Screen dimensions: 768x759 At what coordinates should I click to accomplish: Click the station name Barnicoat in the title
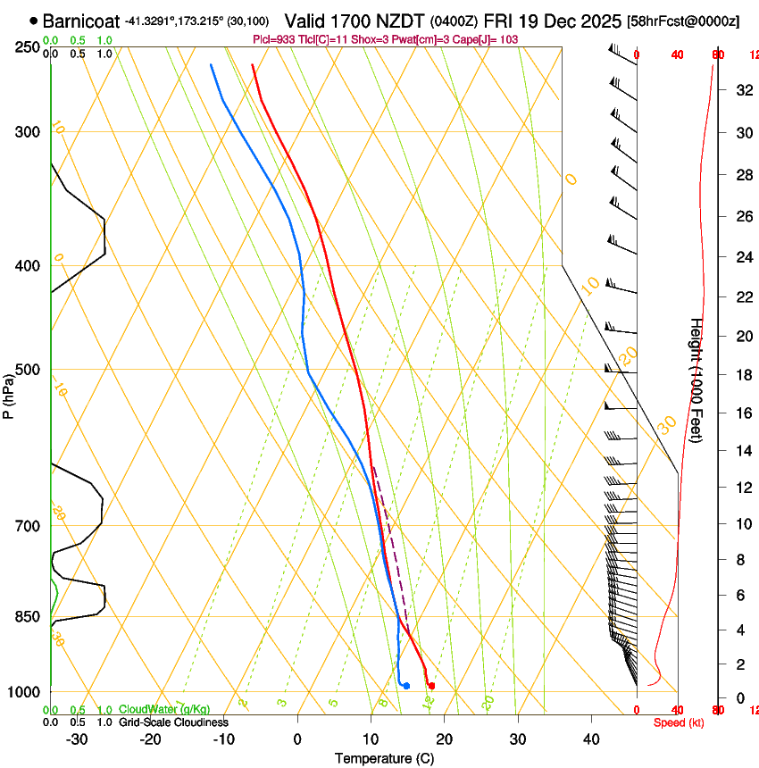point(81,21)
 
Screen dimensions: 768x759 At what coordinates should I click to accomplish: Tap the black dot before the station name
point(34,21)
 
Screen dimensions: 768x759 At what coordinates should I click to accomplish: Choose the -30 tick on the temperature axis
point(77,739)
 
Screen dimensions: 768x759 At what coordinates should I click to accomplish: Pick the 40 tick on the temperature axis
point(590,739)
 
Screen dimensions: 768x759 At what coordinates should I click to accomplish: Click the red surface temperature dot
point(431,686)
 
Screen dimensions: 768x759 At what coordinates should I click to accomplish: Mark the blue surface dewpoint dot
point(406,686)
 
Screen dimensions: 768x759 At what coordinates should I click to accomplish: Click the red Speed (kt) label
point(678,722)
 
